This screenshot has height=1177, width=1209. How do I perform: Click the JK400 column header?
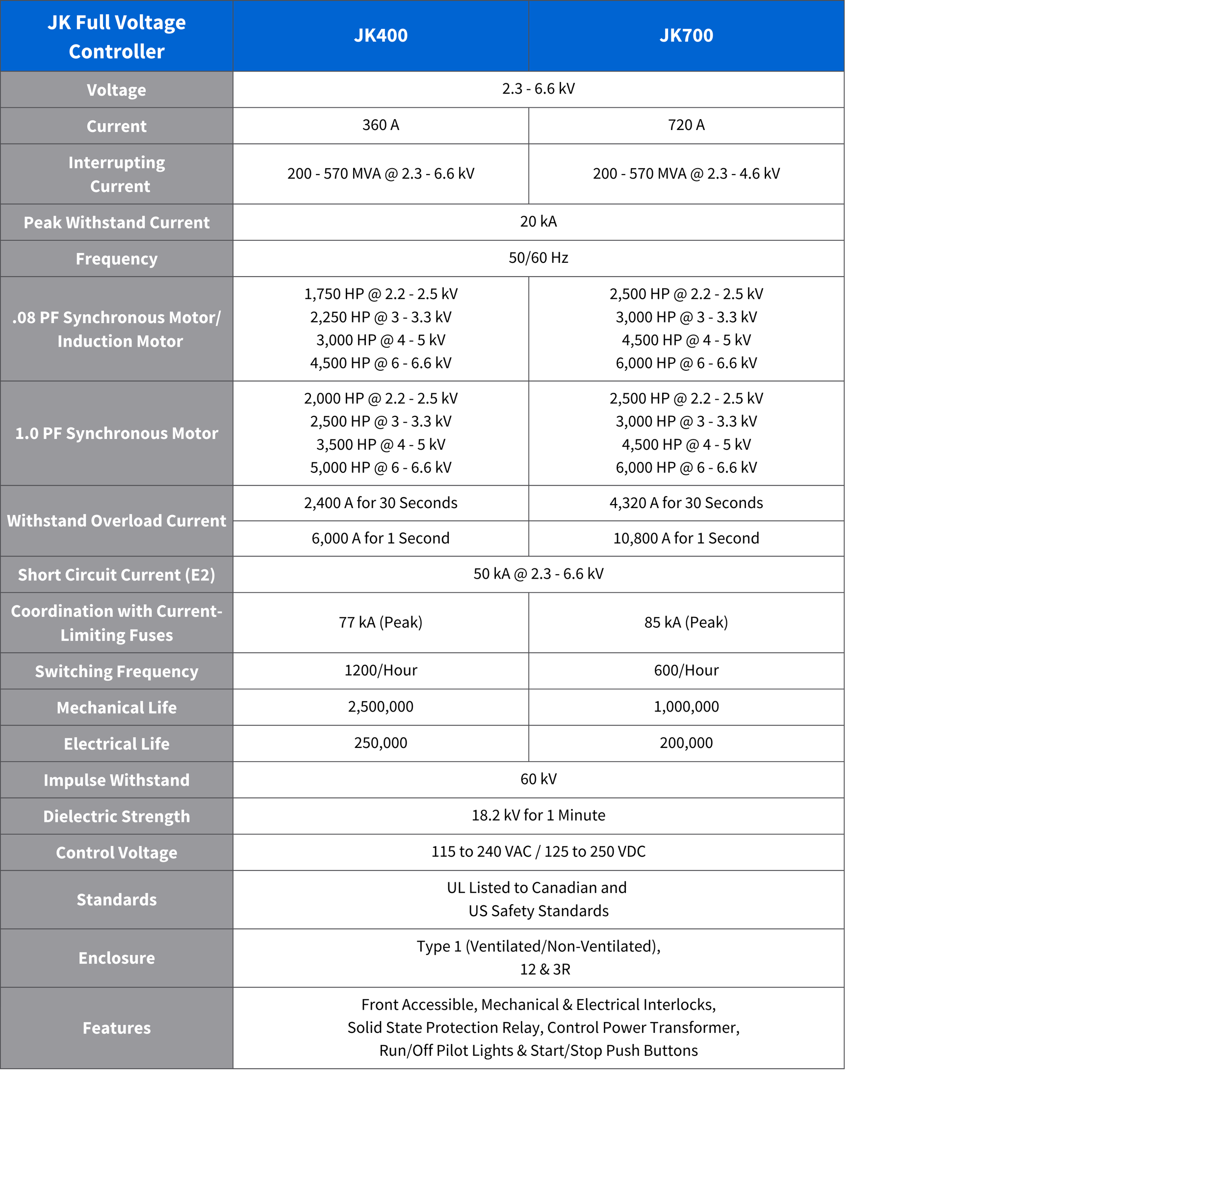click(x=380, y=35)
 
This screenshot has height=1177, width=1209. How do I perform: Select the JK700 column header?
click(x=686, y=35)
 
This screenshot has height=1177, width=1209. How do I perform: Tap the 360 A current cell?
click(x=380, y=126)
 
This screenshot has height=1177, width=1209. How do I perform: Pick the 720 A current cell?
click(x=686, y=126)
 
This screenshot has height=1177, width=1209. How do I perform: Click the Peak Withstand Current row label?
click(x=116, y=223)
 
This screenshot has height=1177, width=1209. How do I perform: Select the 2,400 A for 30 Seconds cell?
click(x=380, y=503)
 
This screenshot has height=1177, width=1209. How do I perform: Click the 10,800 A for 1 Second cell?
click(x=686, y=538)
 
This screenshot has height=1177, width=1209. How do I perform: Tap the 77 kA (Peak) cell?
click(x=380, y=622)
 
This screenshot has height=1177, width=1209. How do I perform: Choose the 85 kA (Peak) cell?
click(x=686, y=622)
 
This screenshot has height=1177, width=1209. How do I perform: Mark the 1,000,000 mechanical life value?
click(x=686, y=707)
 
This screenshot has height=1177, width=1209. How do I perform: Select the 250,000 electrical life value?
click(x=380, y=743)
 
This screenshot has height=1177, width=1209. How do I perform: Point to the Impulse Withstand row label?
click(x=116, y=780)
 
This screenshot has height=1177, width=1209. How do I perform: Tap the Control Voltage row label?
click(x=116, y=852)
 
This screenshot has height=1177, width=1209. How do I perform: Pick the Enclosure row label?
click(x=116, y=958)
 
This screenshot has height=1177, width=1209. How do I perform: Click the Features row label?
click(x=116, y=1028)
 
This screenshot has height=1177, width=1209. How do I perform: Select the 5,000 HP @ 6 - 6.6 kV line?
click(x=380, y=468)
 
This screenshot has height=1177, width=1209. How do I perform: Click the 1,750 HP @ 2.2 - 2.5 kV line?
click(x=380, y=294)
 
